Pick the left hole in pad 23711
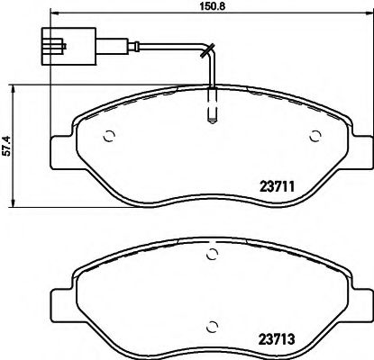(109, 138)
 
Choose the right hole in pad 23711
(315, 138)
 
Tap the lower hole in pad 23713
(213, 326)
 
